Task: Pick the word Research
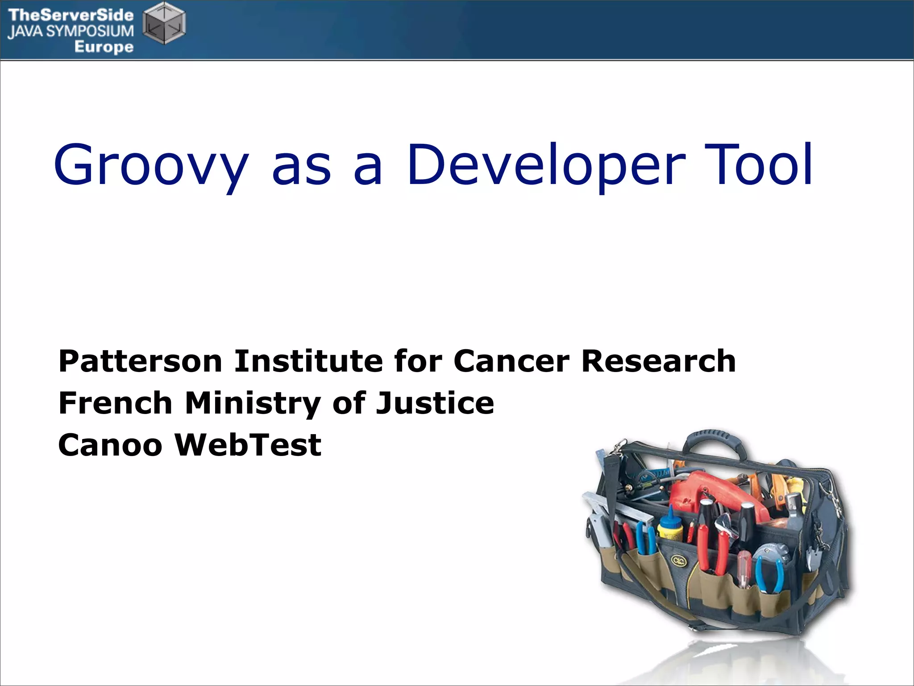coord(659,361)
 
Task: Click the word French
coord(115,403)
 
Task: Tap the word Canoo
coord(110,445)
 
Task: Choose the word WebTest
coord(248,445)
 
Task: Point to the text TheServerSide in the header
coord(71,15)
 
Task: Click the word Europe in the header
coord(104,47)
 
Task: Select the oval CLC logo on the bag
coord(679,561)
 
